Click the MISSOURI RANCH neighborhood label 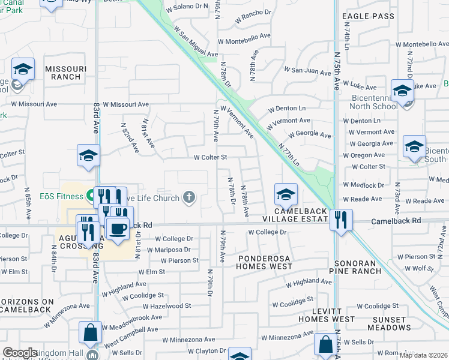(62, 73)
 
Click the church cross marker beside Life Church (189, 197)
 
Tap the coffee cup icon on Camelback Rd (118, 228)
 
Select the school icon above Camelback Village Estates (286, 194)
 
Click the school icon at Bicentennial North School (402, 91)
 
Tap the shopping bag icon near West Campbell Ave (89, 332)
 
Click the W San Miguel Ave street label (195, 42)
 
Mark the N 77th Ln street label (289, 153)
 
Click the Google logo (20, 353)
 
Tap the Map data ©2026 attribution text (423, 355)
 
